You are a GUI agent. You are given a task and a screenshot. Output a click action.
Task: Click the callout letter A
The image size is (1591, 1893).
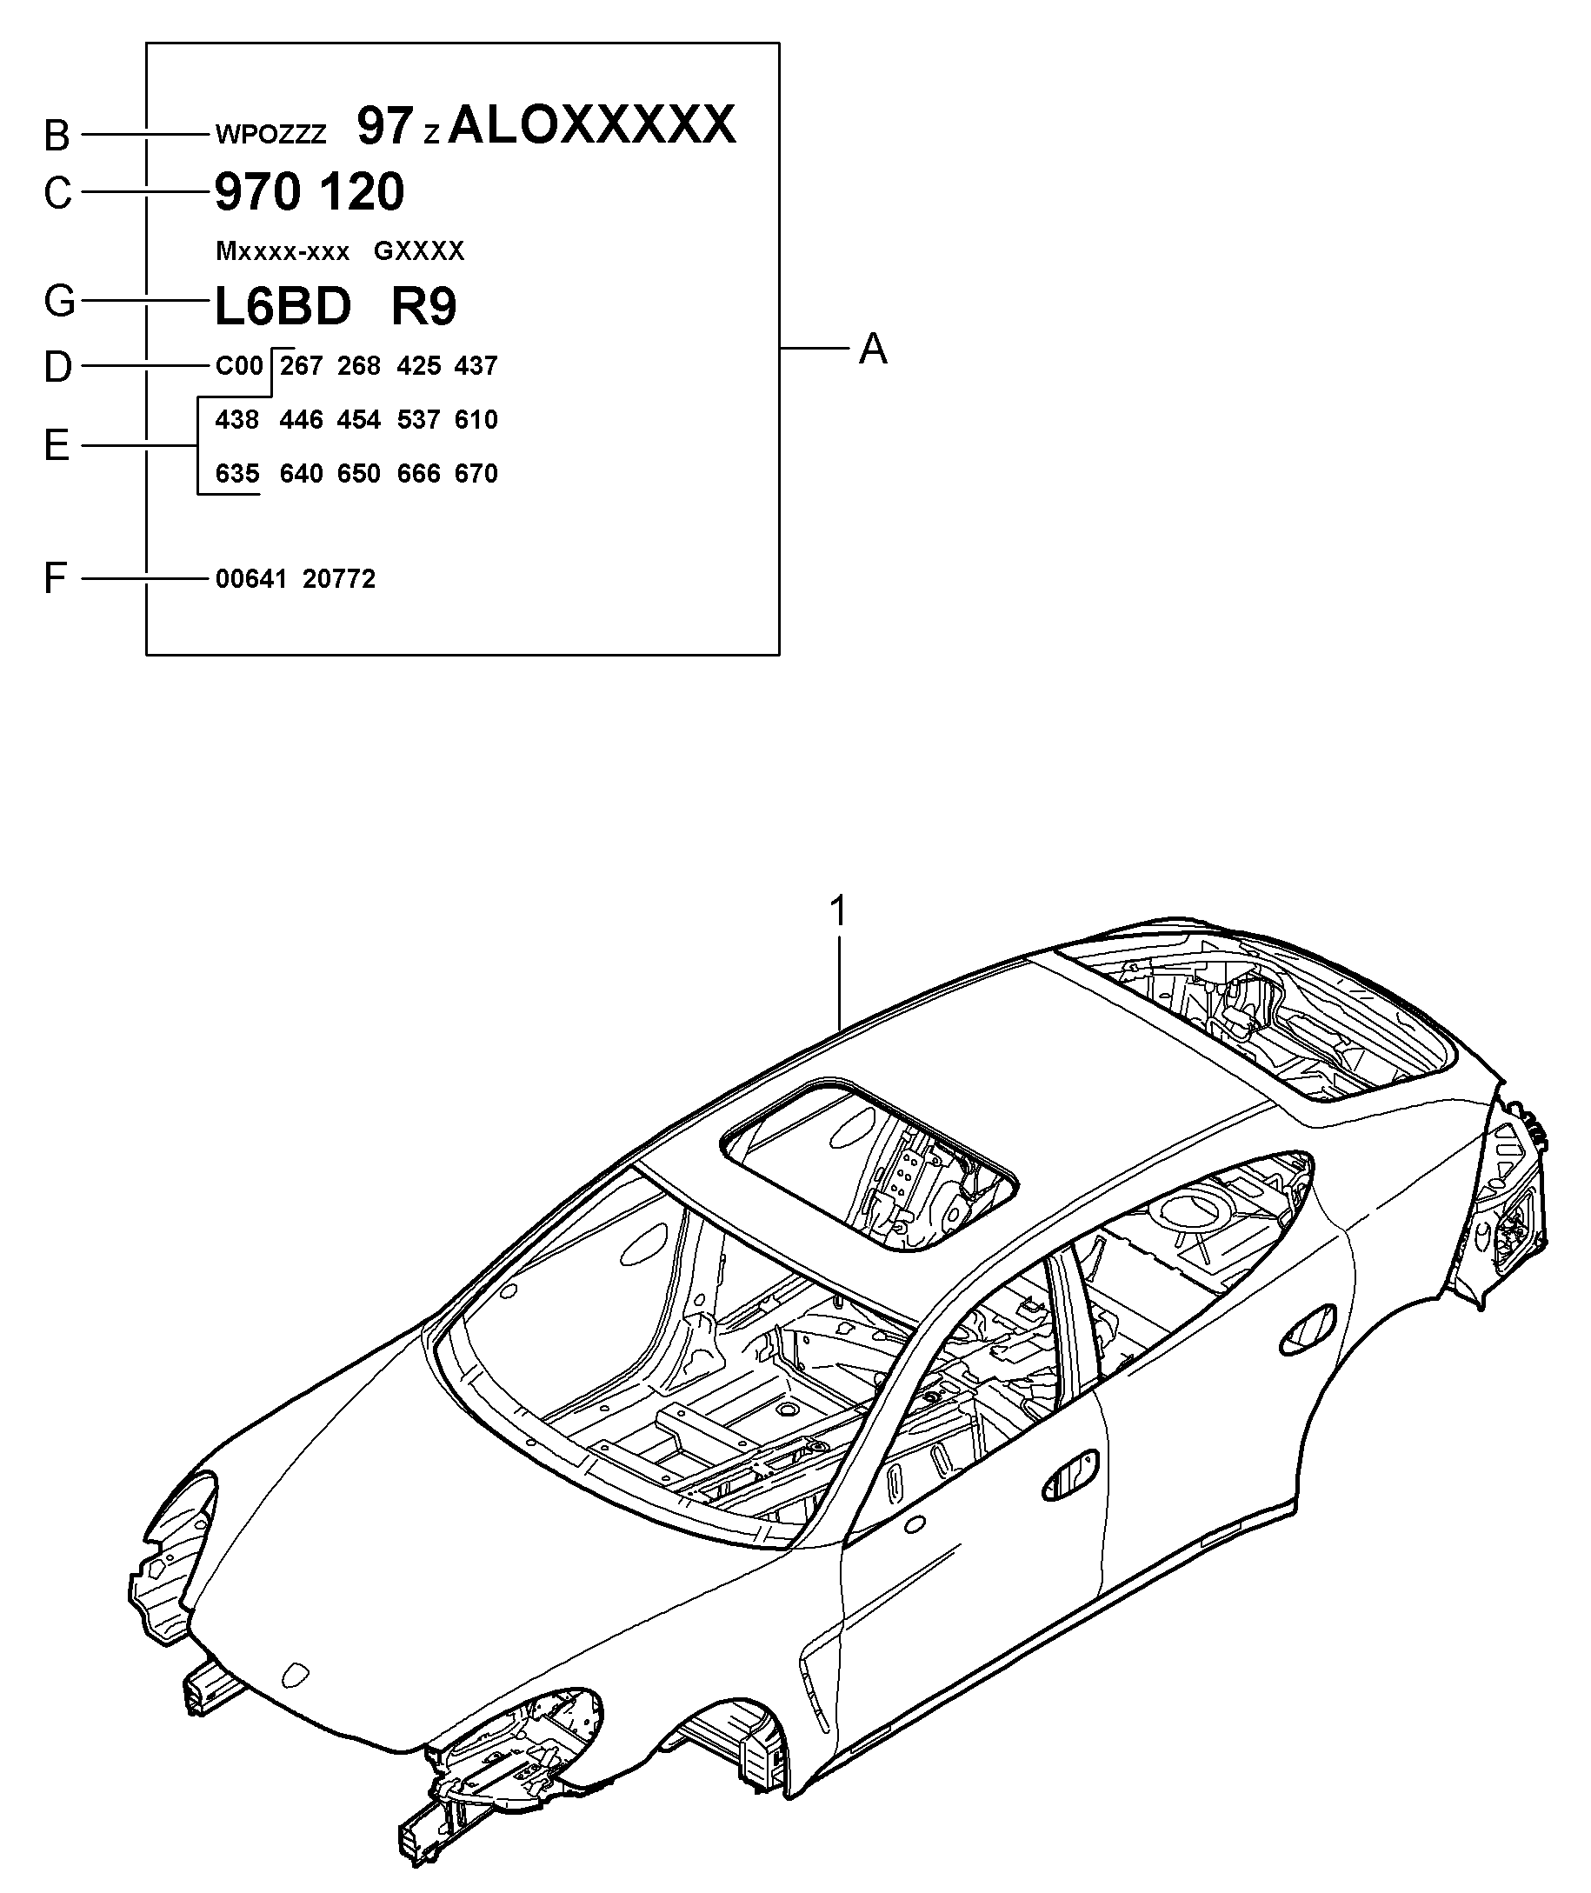tap(872, 348)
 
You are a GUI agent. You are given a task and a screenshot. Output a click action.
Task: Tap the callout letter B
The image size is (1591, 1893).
tap(57, 136)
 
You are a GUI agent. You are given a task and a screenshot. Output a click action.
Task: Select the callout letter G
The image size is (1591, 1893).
tap(58, 301)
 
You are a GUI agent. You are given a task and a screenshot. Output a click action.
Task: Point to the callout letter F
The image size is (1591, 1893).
tap(56, 578)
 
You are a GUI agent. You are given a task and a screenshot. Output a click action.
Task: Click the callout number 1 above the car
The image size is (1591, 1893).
tap(839, 912)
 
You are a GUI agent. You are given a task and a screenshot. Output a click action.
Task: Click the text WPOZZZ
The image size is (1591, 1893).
tap(270, 136)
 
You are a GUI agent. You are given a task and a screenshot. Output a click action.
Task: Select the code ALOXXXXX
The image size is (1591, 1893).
tap(592, 124)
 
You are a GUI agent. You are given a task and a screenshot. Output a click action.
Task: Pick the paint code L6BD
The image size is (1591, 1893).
tap(283, 307)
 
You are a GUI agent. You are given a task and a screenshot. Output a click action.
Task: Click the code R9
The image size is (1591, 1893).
tap(424, 307)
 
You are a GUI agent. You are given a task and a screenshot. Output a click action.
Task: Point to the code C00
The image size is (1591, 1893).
tap(239, 365)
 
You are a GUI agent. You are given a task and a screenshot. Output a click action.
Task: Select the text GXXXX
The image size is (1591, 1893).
tap(418, 250)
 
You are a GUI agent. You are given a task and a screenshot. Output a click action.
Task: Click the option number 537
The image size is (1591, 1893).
tap(418, 419)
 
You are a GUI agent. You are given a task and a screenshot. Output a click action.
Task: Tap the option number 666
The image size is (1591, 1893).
tap(418, 474)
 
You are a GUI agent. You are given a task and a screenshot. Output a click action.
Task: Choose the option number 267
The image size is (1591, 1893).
tap(300, 365)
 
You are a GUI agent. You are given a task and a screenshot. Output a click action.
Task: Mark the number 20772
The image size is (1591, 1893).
tap(339, 578)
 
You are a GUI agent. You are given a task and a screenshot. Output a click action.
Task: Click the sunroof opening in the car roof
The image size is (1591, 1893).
tap(869, 1163)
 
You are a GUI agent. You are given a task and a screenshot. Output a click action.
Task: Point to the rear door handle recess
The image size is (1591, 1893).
tap(1308, 1327)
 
